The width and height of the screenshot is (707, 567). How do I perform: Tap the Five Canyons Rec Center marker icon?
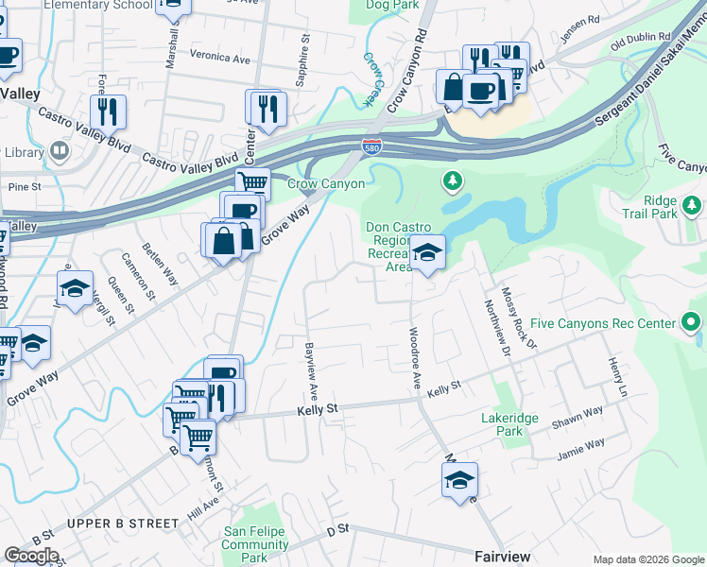[x=692, y=324]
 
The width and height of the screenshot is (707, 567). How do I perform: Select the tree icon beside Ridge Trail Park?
[x=692, y=204]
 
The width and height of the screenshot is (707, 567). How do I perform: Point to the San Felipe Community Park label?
[x=255, y=544]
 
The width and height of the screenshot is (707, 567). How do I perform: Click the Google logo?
[x=31, y=556]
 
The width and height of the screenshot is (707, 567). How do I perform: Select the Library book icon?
[x=60, y=151]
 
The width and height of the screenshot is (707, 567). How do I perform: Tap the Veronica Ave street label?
[x=220, y=59]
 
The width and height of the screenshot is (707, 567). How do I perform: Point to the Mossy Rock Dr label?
[x=519, y=318]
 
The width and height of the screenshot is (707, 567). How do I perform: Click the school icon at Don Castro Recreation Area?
[x=426, y=252]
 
